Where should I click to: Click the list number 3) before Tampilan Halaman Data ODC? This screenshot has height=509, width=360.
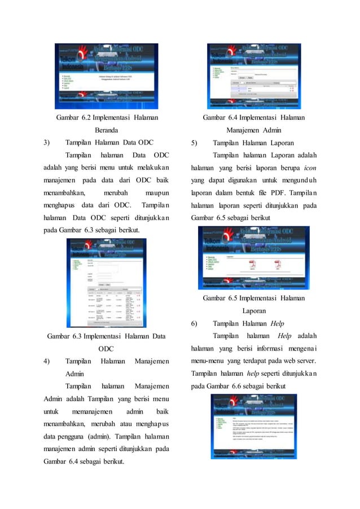(x=47, y=142)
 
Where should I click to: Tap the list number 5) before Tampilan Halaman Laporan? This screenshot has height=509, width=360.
(x=194, y=142)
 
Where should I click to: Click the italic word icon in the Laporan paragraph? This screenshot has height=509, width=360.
(x=308, y=168)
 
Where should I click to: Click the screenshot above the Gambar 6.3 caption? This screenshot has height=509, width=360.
(x=106, y=282)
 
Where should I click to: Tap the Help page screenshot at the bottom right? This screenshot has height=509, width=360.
(x=253, y=435)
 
